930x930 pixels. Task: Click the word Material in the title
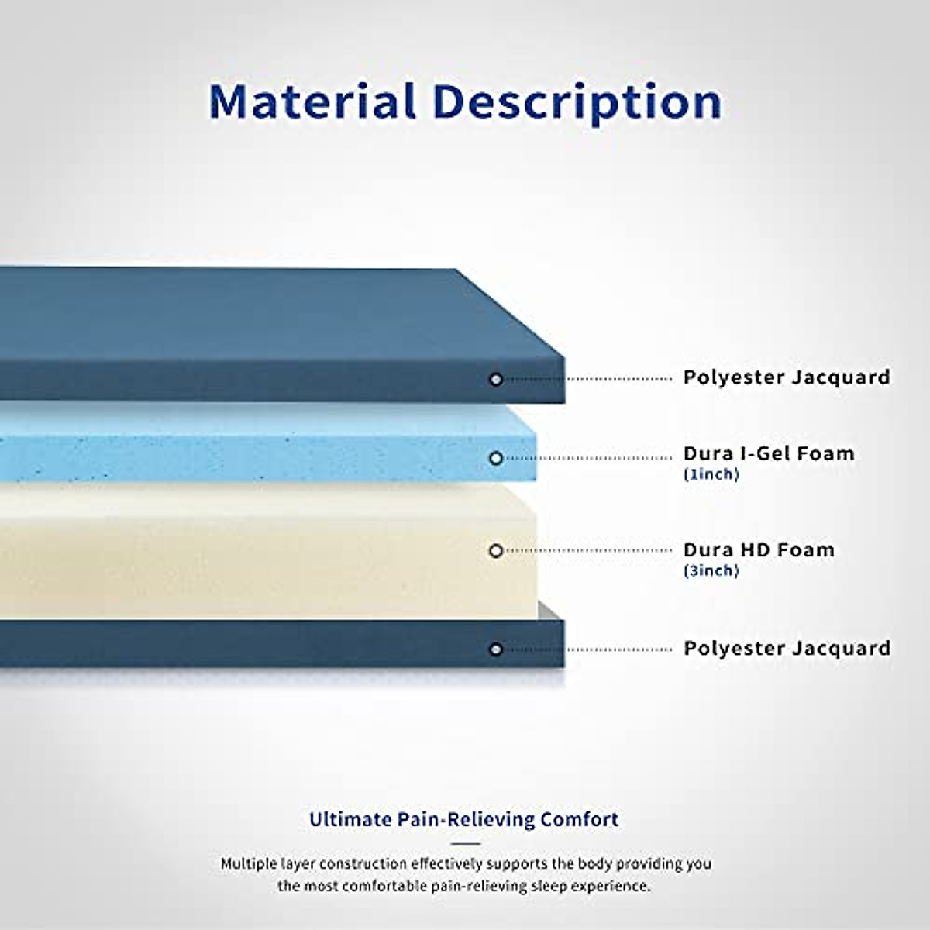click(312, 102)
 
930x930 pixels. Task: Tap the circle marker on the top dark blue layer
click(496, 379)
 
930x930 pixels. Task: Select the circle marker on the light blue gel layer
click(496, 459)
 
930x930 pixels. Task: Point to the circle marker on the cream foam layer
click(496, 551)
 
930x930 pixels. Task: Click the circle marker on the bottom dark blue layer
click(496, 649)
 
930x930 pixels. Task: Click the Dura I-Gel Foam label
click(769, 453)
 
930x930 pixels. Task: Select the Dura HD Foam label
click(759, 549)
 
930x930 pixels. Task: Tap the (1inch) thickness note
click(711, 475)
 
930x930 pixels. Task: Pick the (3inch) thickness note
click(711, 571)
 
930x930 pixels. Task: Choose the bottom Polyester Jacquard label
click(787, 649)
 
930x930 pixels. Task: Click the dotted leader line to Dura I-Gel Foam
click(587, 459)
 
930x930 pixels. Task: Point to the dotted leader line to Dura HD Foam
click(587, 551)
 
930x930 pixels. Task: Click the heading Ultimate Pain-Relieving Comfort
click(463, 820)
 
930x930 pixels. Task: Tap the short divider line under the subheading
click(466, 844)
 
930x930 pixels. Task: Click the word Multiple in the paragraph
click(247, 864)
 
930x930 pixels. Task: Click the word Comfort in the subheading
click(579, 819)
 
